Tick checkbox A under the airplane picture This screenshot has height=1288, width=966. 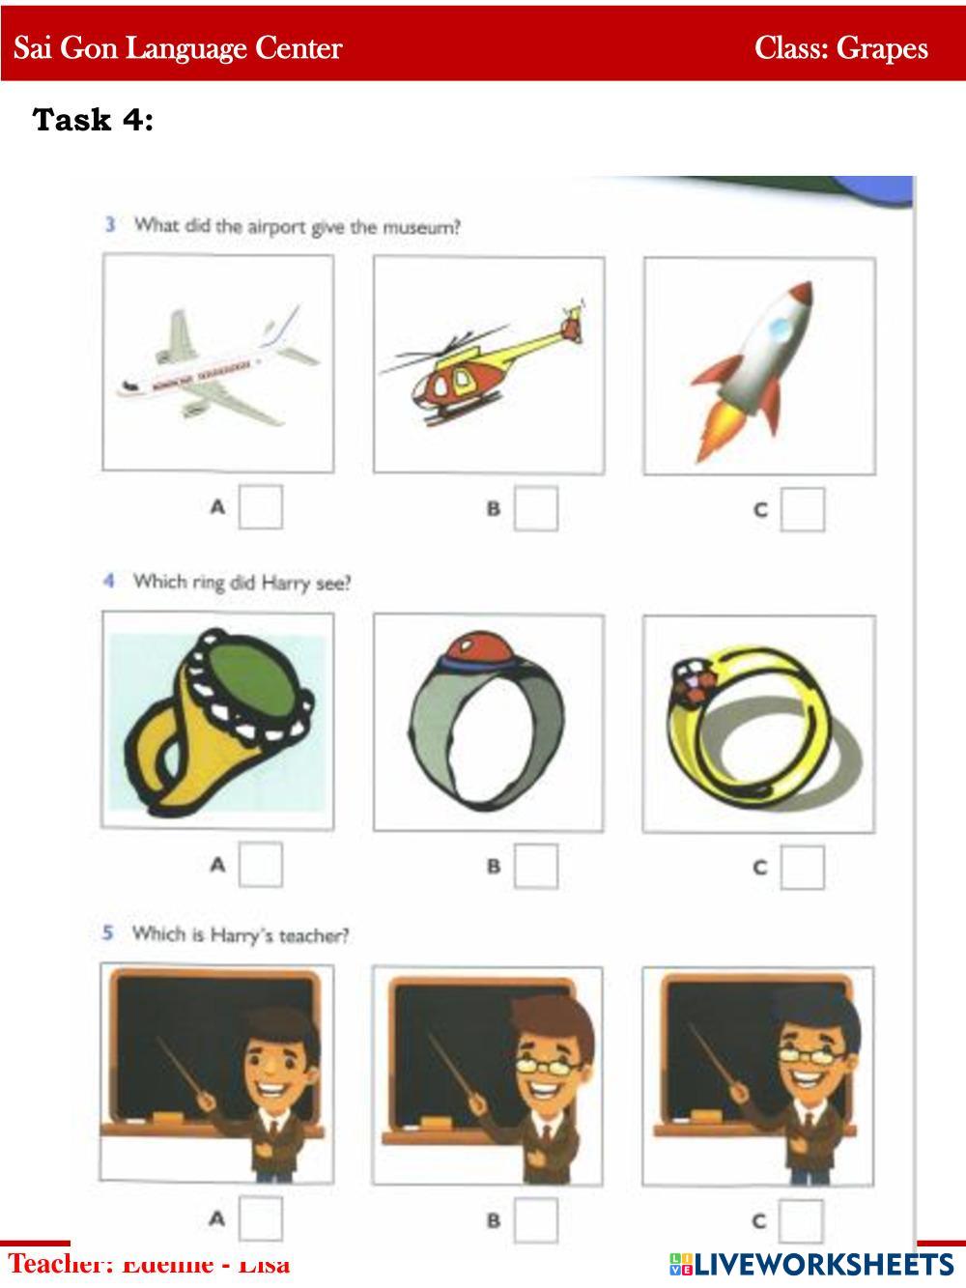pos(261,507)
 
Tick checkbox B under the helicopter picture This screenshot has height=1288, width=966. pos(535,508)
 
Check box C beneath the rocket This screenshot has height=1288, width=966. pos(803,509)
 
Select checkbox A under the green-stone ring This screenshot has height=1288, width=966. pos(261,865)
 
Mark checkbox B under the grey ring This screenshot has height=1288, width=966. pos(535,866)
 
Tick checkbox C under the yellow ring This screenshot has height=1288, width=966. pos(803,867)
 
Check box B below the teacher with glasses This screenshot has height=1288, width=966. pos(535,1219)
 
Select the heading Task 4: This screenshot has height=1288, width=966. pos(93,120)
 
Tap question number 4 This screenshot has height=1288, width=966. pos(109,581)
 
